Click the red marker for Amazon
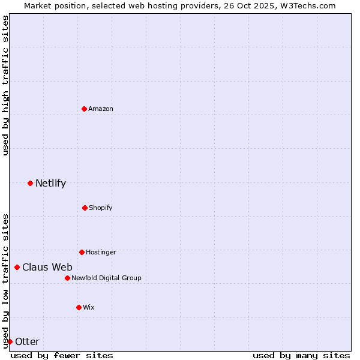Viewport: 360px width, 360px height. (x=84, y=109)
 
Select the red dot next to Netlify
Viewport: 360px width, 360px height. (x=30, y=183)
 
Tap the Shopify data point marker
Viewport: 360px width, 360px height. (x=85, y=208)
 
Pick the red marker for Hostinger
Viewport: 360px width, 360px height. (x=82, y=252)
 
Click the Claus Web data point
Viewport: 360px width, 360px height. (x=17, y=267)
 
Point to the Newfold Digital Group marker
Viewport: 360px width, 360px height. (x=67, y=278)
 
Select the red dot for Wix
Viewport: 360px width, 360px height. (x=79, y=307)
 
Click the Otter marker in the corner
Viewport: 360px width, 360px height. (x=10, y=341)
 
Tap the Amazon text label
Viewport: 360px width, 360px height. (x=101, y=109)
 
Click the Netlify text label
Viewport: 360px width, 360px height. (x=50, y=183)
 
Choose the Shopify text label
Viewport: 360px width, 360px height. (x=101, y=208)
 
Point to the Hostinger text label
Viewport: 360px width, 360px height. (x=101, y=252)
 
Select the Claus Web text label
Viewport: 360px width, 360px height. (x=47, y=267)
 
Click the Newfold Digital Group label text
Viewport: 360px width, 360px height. (x=106, y=278)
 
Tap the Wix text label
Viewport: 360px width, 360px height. (x=89, y=307)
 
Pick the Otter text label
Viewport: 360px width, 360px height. (x=27, y=341)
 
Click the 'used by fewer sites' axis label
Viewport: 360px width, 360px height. (x=62, y=355)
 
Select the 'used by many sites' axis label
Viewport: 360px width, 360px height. (x=301, y=355)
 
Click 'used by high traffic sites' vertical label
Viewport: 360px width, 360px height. (x=5, y=85)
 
